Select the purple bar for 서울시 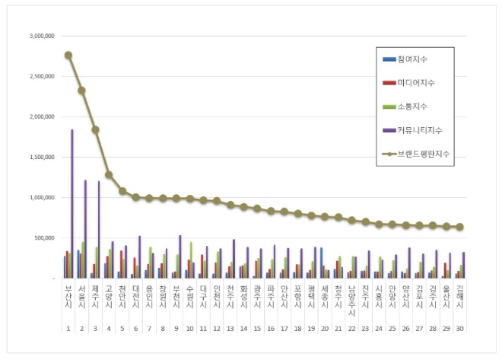point(85,228)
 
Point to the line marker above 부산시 point(68,55)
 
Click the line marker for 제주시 point(95,129)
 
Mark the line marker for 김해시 point(459,227)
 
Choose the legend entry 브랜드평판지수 point(422,153)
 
